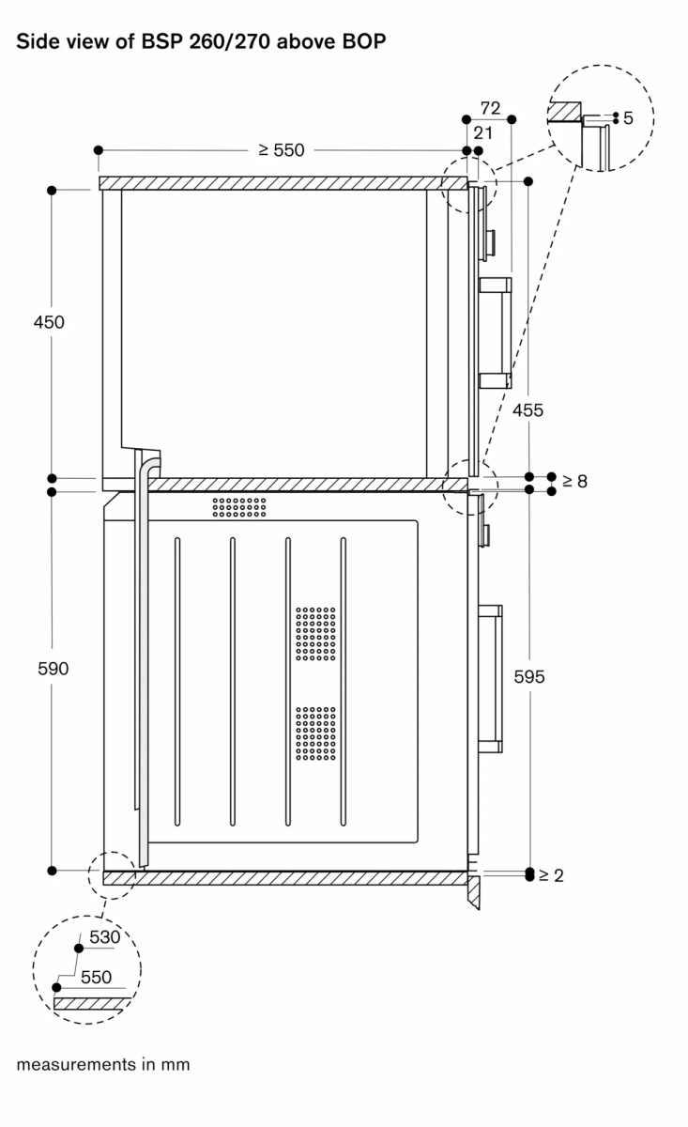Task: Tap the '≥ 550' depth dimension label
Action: pyautogui.click(x=282, y=150)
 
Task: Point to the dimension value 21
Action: pyautogui.click(x=483, y=133)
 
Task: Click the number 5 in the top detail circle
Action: pyautogui.click(x=628, y=118)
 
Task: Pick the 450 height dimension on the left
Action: pyautogui.click(x=48, y=322)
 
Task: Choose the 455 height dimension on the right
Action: pyautogui.click(x=527, y=409)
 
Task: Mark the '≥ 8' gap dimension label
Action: pyautogui.click(x=573, y=482)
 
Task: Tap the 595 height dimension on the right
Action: pyautogui.click(x=527, y=675)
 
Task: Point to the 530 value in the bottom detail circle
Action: pyautogui.click(x=105, y=937)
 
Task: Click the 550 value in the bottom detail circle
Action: pyautogui.click(x=95, y=977)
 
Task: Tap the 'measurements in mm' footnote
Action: pyautogui.click(x=102, y=1064)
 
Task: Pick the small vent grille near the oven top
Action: pyautogui.click(x=239, y=507)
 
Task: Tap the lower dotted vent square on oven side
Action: pyautogui.click(x=315, y=733)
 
